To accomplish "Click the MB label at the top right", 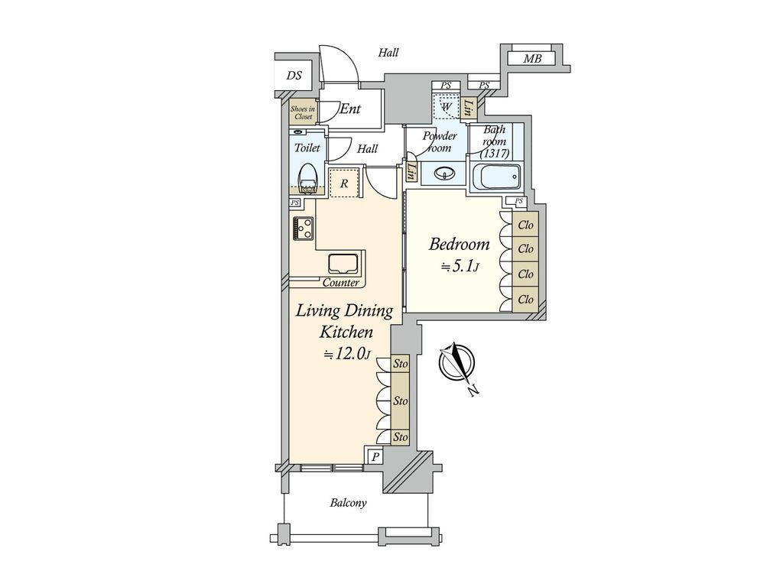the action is pyautogui.click(x=532, y=59).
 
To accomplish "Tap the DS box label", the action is pyautogui.click(x=294, y=76).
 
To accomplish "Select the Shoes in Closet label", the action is pyautogui.click(x=303, y=113).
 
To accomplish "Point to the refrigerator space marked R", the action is pyautogui.click(x=344, y=183).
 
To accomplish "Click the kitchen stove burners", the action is pyautogui.click(x=303, y=228).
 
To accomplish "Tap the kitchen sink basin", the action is pyautogui.click(x=343, y=264).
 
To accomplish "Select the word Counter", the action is pyautogui.click(x=340, y=283).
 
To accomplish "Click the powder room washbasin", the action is pyautogui.click(x=444, y=174).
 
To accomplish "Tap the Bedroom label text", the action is pyautogui.click(x=460, y=245).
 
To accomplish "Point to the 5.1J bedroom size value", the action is pyautogui.click(x=460, y=267).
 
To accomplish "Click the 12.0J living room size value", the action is pyautogui.click(x=346, y=354).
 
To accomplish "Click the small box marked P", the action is pyautogui.click(x=375, y=457).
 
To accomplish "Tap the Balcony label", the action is pyautogui.click(x=348, y=503).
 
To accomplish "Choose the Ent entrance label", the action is pyautogui.click(x=350, y=109).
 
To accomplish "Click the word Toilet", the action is pyautogui.click(x=307, y=148).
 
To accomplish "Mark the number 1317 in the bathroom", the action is pyautogui.click(x=495, y=154).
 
